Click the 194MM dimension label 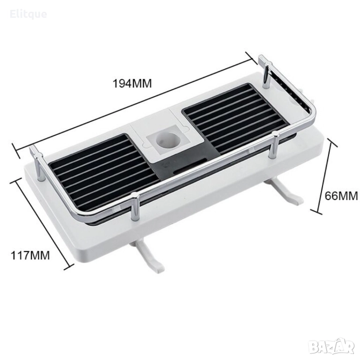(x=132, y=83)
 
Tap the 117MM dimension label (x=30, y=255)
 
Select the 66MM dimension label (x=341, y=196)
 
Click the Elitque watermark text (x=29, y=14)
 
